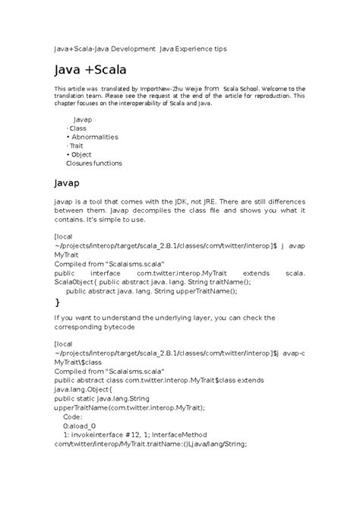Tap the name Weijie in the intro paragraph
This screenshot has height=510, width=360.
190,89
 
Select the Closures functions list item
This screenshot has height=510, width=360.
94,163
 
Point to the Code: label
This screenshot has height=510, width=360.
73,417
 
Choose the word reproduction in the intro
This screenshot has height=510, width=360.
269,97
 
